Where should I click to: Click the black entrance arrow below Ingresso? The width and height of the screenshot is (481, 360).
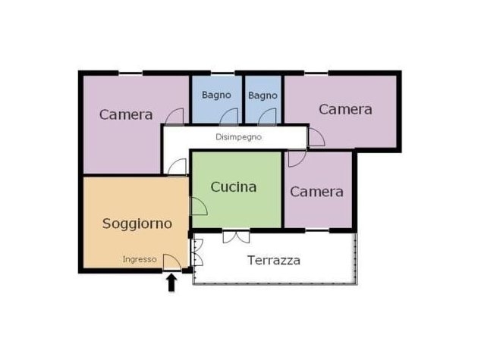171,283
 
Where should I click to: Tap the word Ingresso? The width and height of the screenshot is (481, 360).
140,259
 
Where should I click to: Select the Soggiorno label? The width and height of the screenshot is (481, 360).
137,224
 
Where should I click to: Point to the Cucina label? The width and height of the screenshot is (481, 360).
234,187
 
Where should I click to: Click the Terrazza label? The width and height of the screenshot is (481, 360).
274,261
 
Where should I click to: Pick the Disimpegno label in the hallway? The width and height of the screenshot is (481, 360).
239,137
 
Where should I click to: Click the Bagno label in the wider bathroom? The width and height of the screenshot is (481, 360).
216,95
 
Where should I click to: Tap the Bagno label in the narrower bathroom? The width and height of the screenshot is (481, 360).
263,95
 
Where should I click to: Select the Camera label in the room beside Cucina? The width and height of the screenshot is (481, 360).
316,192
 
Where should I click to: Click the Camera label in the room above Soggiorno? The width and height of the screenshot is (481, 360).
126,114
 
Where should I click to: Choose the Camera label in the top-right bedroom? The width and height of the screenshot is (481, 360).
345,109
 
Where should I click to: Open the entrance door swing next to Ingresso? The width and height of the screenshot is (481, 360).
171,262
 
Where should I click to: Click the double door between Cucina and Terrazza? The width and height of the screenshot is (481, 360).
236,237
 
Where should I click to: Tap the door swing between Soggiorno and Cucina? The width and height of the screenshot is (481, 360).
200,206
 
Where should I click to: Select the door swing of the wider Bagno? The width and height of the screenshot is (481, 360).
229,117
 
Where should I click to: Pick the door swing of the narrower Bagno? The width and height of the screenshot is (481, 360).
267,117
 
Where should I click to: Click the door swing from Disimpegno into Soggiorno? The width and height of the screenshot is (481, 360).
177,167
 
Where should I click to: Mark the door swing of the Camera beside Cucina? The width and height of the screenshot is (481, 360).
297,158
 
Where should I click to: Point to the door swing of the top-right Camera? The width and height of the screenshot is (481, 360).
316,137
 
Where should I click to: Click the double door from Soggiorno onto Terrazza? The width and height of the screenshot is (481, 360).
197,252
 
